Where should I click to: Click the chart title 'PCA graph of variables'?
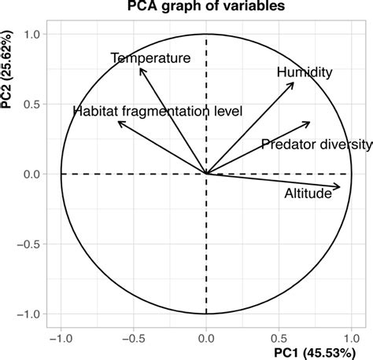(206, 8)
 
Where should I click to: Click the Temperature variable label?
(150, 58)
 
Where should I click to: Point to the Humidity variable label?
(305, 72)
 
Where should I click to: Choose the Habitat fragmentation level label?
(157, 112)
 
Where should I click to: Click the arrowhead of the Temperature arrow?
(139, 68)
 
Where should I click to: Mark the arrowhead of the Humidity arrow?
(294, 83)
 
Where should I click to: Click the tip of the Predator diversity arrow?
(310, 122)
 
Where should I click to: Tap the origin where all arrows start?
(206, 174)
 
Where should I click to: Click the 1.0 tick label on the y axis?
(33, 34)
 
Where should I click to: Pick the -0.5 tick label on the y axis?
(30, 244)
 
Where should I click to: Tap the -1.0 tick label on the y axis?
(30, 314)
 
